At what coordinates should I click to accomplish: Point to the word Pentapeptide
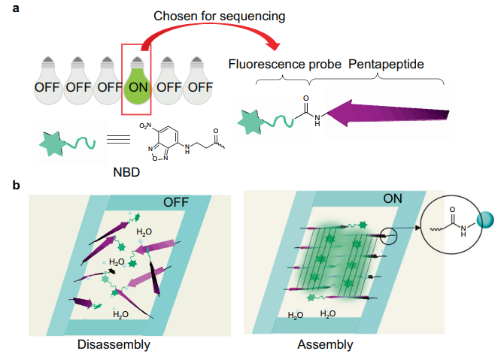(x=386, y=65)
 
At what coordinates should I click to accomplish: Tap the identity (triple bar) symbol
(x=112, y=141)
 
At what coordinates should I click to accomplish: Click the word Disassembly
(x=114, y=345)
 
